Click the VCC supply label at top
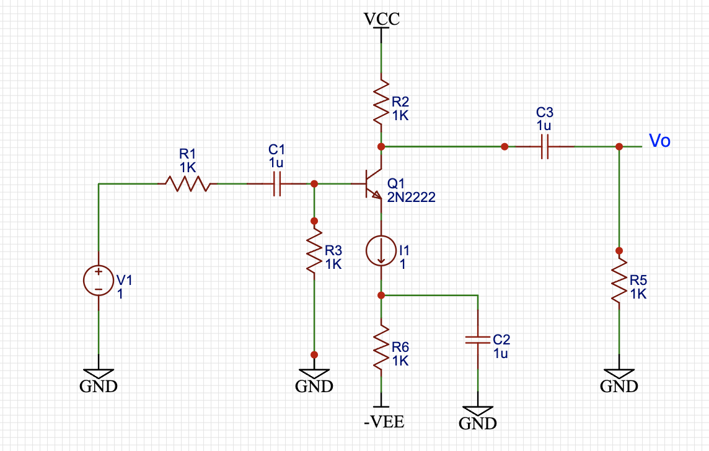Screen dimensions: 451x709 (x=381, y=19)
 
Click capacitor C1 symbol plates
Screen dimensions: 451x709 (x=277, y=183)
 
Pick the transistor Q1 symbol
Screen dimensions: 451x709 (x=373, y=184)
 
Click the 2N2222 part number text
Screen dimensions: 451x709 (x=411, y=198)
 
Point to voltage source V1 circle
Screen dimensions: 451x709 (x=99, y=280)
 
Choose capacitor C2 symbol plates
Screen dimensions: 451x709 (x=477, y=339)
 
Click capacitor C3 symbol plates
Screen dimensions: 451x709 (x=545, y=147)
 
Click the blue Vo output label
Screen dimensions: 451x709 (x=659, y=141)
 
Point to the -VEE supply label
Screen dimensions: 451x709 (x=384, y=423)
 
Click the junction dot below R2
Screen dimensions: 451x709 (x=381, y=146)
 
